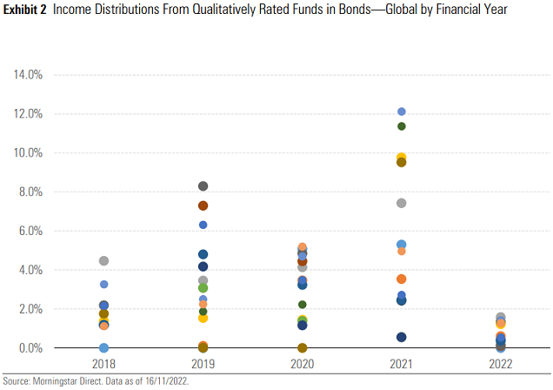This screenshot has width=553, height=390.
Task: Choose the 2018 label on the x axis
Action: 103,365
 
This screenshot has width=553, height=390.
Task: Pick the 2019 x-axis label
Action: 203,365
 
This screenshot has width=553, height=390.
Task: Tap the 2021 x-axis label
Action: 402,365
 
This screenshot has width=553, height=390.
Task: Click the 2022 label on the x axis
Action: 501,365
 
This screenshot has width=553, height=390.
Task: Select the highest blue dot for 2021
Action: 402,111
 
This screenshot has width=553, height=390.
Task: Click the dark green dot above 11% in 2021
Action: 402,126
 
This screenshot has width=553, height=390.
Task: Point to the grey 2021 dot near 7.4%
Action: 402,203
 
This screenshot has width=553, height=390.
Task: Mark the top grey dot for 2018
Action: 103,261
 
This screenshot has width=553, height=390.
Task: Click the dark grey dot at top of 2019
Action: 203,186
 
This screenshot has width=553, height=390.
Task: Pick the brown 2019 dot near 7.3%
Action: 203,205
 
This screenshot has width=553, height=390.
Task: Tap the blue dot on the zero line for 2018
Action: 103,348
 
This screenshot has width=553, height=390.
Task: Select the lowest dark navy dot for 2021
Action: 402,337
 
